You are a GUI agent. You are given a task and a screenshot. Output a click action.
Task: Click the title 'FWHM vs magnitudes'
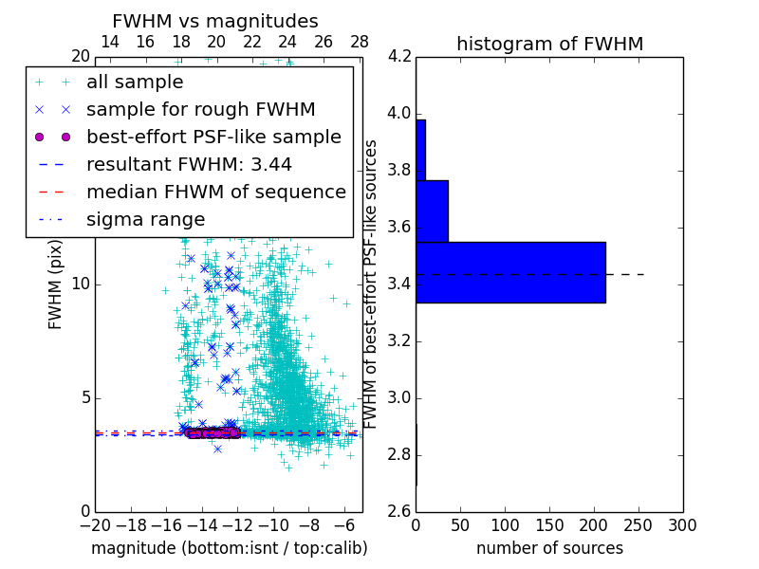(215, 21)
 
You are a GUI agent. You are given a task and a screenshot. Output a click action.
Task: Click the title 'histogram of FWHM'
(549, 44)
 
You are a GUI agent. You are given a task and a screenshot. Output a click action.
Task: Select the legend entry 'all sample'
(135, 83)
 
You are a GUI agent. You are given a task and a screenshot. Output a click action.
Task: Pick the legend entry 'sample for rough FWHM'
(200, 109)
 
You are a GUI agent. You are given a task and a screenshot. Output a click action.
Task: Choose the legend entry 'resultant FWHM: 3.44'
(189, 164)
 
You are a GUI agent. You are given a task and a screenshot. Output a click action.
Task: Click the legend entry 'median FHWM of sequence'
(215, 192)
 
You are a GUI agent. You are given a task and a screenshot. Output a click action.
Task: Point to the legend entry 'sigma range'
(145, 219)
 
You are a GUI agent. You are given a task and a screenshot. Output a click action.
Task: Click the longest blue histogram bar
(510, 272)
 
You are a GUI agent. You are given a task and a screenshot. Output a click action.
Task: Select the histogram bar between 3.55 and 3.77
(432, 211)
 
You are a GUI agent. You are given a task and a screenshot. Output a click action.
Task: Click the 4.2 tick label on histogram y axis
(398, 57)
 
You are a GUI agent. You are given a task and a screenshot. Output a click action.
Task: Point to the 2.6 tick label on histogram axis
(398, 511)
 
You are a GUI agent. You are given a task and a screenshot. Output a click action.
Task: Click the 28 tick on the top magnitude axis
(360, 42)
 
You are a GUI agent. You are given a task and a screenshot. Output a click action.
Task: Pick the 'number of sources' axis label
(549, 548)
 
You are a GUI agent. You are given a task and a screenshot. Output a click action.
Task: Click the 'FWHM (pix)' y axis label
(56, 284)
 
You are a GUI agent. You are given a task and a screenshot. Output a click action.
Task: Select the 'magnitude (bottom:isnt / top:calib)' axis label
(229, 548)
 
